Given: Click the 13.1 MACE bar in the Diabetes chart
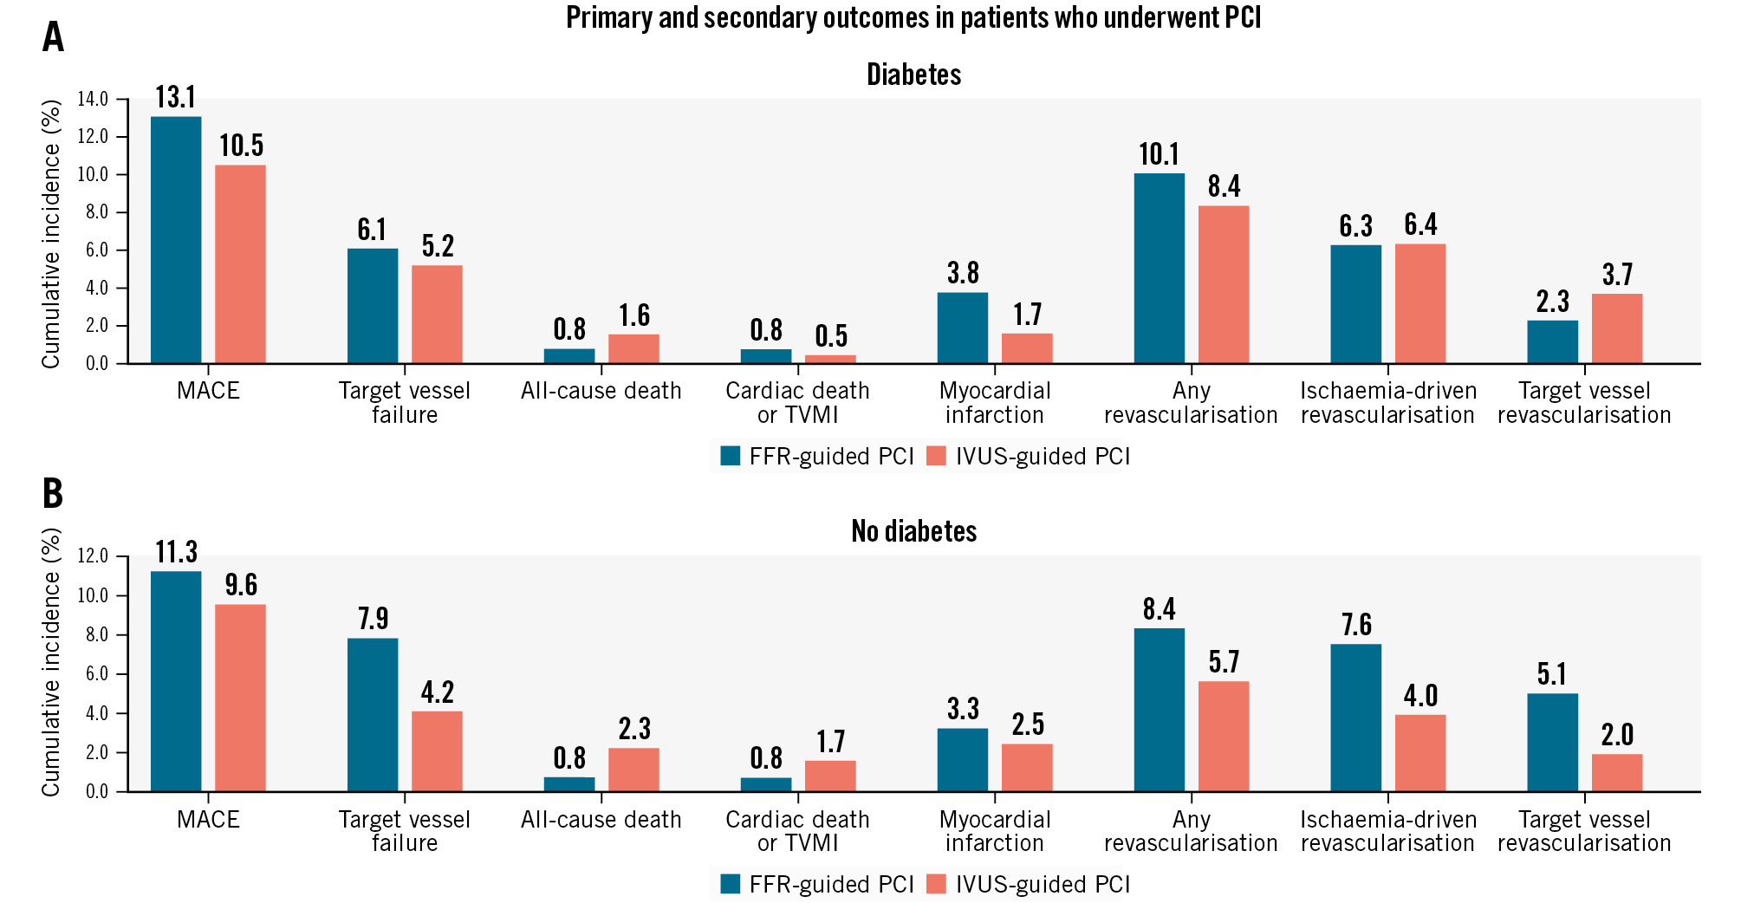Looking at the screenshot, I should point(176,240).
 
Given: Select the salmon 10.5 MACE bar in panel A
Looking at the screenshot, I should point(240,264).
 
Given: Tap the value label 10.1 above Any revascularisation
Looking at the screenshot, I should point(1159,154).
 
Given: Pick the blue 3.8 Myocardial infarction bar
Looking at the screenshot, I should point(962,328).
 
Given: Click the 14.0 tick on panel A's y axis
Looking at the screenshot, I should point(93,99).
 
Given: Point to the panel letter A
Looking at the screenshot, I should point(53,37).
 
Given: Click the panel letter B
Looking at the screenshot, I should point(53,493).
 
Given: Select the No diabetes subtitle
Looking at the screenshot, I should point(913,530).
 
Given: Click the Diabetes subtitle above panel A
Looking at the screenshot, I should point(913,75).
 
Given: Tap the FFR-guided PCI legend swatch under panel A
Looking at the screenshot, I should point(731,456).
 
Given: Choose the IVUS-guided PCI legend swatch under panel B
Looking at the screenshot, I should point(936,884).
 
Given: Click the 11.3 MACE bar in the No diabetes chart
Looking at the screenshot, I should point(176,681).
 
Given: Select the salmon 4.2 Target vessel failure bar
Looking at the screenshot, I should point(437,751).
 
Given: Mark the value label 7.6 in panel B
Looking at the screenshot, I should point(1356,625).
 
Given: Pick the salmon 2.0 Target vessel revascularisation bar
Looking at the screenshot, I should point(1617,773).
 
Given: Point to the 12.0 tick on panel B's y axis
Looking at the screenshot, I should point(93,556).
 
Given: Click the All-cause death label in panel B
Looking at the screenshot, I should point(601,820).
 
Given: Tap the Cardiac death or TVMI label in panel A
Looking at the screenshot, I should point(797,403).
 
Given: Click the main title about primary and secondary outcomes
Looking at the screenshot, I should point(913,17).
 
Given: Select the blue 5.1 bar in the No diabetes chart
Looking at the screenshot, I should point(1552,743).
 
